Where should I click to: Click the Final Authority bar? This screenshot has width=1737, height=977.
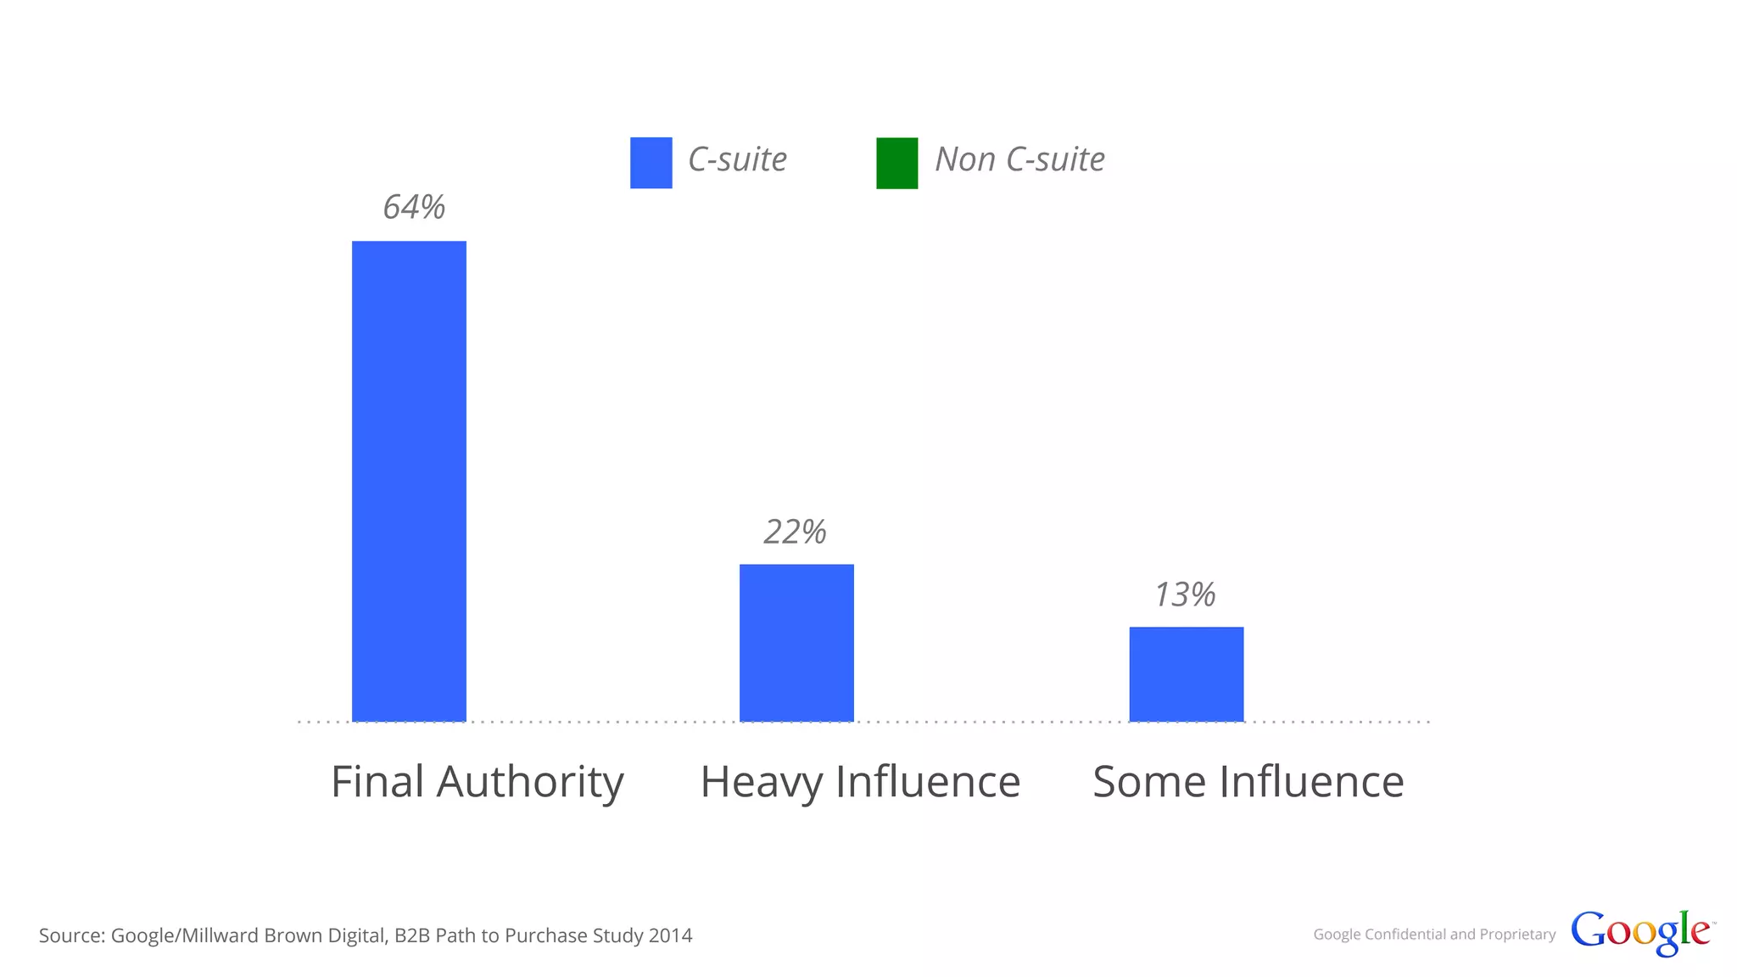click(409, 481)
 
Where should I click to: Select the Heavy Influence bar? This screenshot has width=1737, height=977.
click(796, 643)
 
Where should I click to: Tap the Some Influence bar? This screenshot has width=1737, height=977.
click(1186, 674)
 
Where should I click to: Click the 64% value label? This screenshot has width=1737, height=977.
click(414, 208)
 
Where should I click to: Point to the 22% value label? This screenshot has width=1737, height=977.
click(795, 533)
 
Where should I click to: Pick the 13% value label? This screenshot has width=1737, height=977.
click(1185, 595)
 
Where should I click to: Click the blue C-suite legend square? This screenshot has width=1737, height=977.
click(651, 163)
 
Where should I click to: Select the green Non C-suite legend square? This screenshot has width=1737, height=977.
click(896, 163)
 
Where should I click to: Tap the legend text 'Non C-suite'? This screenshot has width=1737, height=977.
click(1019, 160)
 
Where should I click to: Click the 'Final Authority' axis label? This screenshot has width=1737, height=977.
click(477, 782)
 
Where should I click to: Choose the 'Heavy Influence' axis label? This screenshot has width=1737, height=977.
click(860, 782)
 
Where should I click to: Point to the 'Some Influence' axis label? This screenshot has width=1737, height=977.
click(1248, 782)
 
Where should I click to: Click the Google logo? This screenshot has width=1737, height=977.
click(1640, 933)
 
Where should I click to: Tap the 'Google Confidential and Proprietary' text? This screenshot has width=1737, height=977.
click(1434, 935)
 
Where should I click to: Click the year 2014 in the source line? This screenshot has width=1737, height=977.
click(670, 935)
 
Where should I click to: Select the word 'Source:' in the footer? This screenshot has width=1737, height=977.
click(72, 935)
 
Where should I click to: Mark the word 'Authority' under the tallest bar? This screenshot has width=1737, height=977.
click(530, 782)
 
